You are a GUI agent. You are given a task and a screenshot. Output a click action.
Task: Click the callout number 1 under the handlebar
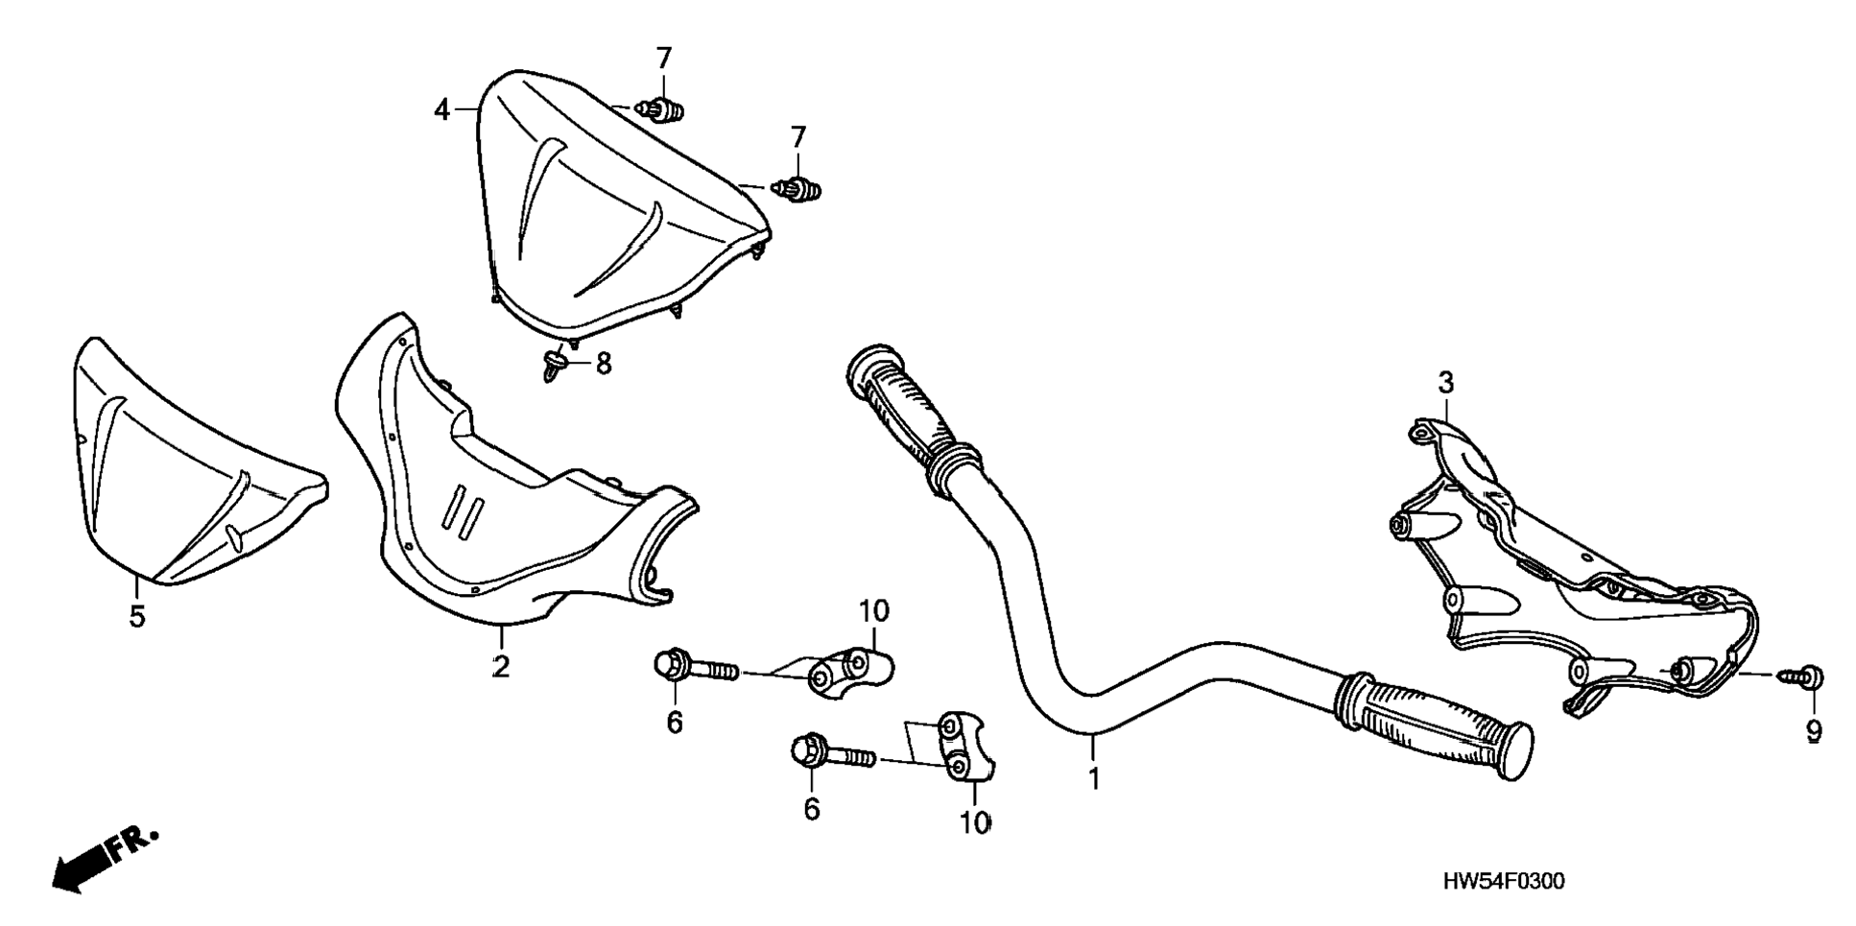tap(1093, 776)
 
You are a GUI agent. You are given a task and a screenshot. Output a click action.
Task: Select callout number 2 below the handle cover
tap(501, 665)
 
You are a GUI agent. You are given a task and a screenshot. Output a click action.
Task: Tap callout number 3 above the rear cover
tap(1445, 383)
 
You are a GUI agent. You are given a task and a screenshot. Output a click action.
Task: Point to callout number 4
tap(441, 110)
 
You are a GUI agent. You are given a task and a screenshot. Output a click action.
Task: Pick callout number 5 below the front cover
tap(137, 615)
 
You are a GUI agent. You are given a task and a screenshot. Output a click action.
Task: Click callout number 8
tap(603, 364)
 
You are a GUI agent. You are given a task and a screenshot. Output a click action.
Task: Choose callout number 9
tap(1813, 731)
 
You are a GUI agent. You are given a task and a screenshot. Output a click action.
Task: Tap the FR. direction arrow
tap(102, 858)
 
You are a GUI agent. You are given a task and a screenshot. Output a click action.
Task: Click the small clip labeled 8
tap(555, 365)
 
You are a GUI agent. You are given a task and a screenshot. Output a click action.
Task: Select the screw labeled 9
tap(1804, 677)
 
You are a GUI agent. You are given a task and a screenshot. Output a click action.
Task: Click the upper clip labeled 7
tap(664, 110)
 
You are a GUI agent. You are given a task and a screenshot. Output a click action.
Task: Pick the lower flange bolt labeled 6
tap(831, 752)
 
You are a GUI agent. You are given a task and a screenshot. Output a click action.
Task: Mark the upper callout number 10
tap(873, 610)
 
